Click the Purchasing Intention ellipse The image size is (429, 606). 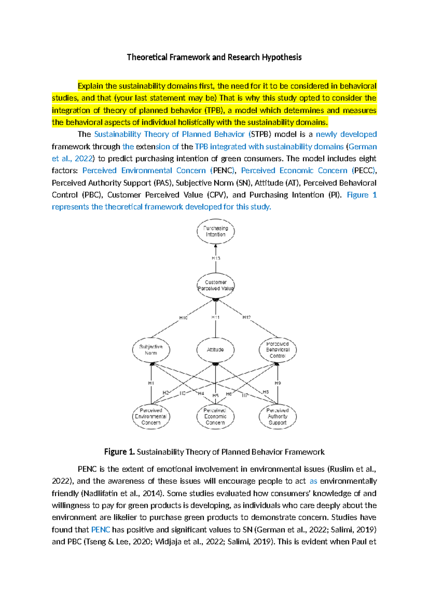[216, 232]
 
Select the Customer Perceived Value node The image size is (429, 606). [216, 285]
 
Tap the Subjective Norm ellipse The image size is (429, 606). [151, 350]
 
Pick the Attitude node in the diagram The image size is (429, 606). [216, 350]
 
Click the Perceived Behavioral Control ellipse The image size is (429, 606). [278, 350]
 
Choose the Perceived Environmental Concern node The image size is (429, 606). [151, 417]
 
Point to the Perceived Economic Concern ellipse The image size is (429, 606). [216, 417]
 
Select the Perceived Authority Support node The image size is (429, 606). [278, 417]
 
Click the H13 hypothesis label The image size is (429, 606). [216, 258]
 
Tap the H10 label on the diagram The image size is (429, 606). [183, 318]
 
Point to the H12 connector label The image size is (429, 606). [247, 317]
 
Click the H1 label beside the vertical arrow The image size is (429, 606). [151, 383]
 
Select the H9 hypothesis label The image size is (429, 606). [278, 383]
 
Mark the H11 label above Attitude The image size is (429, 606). [216, 317]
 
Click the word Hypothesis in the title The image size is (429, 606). [282, 58]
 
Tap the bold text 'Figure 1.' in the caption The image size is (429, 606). [119, 452]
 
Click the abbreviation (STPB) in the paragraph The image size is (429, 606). [260, 134]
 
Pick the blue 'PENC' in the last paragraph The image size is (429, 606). [100, 530]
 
